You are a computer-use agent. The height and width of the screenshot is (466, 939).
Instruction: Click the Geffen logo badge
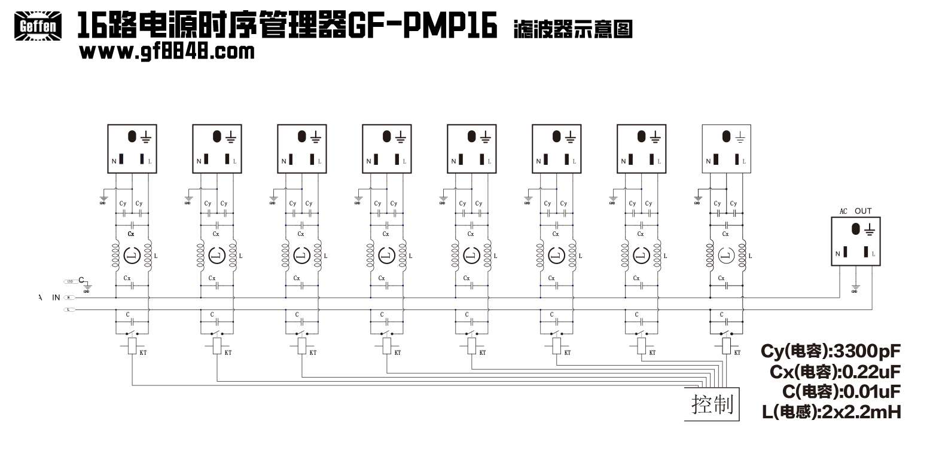point(38,26)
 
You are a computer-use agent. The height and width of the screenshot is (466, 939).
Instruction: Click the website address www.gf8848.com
point(167,51)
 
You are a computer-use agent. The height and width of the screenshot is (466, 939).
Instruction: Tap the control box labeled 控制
point(712,404)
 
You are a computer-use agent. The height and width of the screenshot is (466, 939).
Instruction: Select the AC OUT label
point(855,211)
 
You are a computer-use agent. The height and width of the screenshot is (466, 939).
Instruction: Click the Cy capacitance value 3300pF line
point(831,351)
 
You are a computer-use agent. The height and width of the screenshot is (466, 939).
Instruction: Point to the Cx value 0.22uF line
point(835,372)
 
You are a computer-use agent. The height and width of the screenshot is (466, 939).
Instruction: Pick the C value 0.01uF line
point(841,392)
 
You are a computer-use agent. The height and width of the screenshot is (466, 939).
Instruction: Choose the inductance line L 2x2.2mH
point(831,412)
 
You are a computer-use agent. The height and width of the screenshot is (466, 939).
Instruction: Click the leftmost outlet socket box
point(132,149)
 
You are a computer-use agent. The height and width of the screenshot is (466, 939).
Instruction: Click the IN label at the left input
point(56,298)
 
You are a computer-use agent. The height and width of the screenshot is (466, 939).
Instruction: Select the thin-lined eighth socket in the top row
point(726,149)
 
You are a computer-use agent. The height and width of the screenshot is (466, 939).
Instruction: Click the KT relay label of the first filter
point(143,353)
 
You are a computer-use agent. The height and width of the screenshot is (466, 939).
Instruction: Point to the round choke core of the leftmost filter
point(132,256)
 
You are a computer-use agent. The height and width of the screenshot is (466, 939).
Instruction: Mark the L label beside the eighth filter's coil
point(750,256)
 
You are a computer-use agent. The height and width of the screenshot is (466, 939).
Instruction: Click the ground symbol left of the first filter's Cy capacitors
point(103,200)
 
